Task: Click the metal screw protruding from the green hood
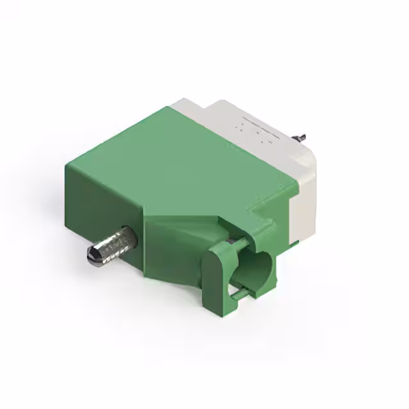[113, 245]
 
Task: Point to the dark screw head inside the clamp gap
[229, 243]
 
